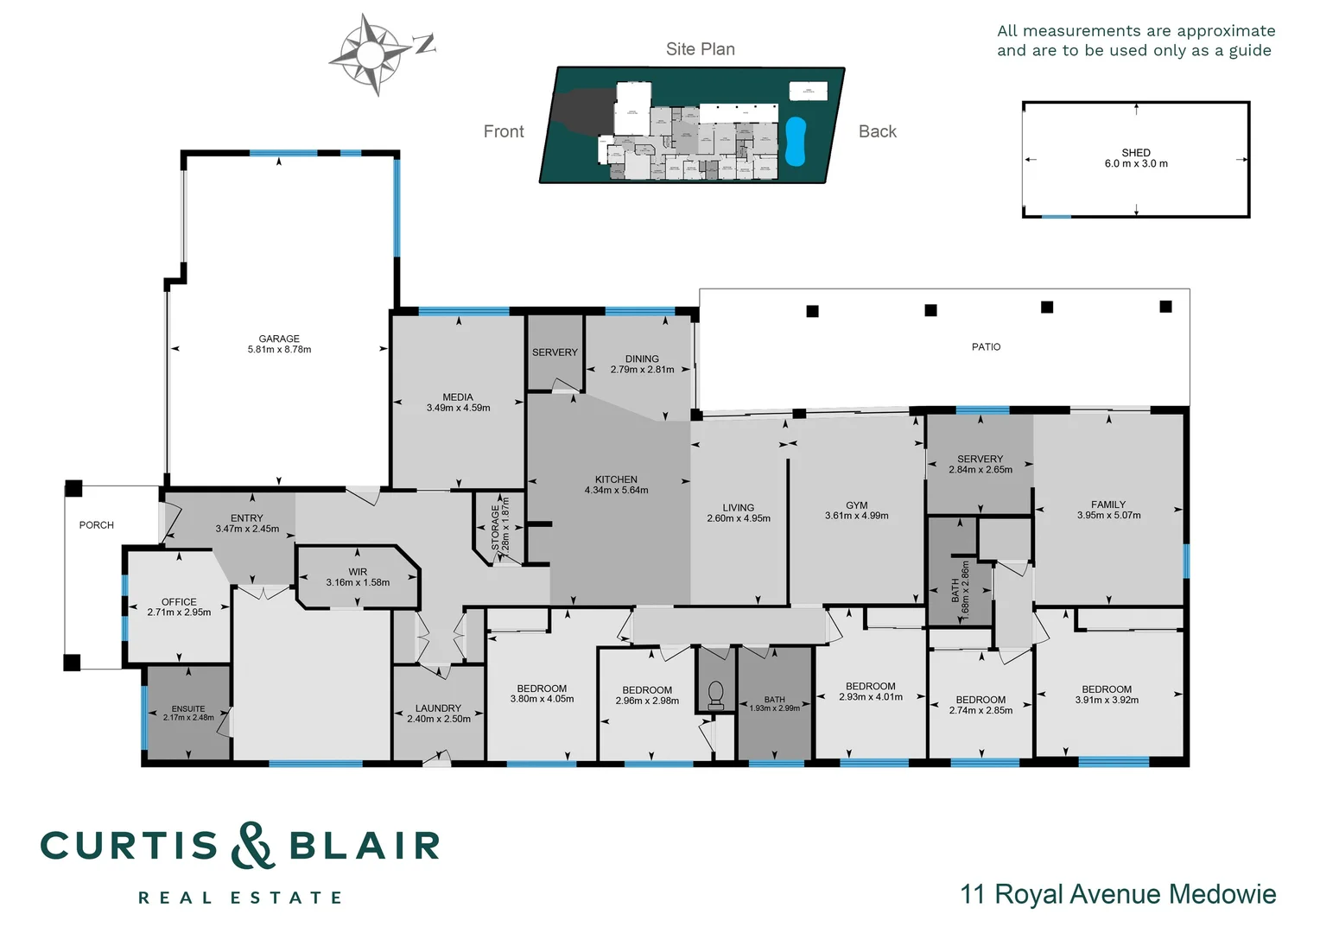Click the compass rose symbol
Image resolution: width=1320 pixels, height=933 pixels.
370,54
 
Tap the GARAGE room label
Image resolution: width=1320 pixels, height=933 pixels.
279,340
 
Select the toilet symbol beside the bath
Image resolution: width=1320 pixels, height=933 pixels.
715,695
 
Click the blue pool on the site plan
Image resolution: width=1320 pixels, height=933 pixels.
796,141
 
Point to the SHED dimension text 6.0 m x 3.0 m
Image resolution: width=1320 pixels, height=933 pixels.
1136,164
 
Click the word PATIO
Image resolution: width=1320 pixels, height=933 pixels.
986,347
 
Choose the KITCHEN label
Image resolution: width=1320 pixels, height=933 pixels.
616,479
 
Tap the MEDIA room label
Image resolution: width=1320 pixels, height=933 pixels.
458,397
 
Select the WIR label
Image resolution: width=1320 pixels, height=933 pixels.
358,572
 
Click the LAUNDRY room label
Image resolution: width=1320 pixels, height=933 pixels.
438,708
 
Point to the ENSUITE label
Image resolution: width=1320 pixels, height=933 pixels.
188,709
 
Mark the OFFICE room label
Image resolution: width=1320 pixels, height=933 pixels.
179,602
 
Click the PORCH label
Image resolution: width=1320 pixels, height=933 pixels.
97,525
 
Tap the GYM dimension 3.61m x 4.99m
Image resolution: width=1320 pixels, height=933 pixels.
856,517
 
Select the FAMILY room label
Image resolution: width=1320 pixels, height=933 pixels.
1108,505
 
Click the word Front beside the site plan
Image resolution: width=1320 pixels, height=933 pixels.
504,132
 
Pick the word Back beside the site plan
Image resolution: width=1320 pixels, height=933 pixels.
878,132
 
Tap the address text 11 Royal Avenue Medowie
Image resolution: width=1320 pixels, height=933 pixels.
1118,894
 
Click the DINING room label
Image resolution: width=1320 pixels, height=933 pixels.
642,359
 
